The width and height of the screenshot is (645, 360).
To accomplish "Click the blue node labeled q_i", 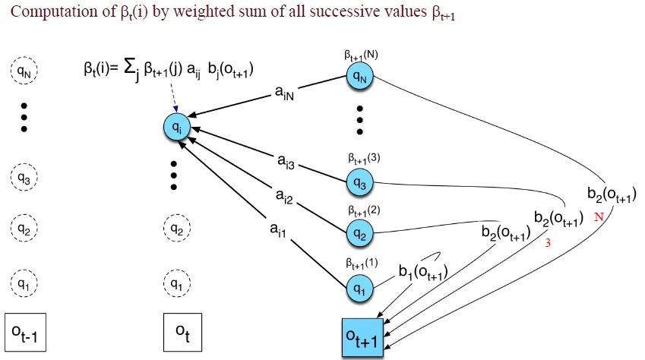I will (x=176, y=127).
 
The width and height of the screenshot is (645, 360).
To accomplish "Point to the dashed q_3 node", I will (x=23, y=179).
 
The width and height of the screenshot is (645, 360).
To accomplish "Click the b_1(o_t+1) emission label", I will (x=422, y=272).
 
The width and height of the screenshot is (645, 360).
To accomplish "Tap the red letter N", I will (x=599, y=215).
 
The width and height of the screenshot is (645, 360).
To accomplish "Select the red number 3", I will (x=546, y=244).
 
